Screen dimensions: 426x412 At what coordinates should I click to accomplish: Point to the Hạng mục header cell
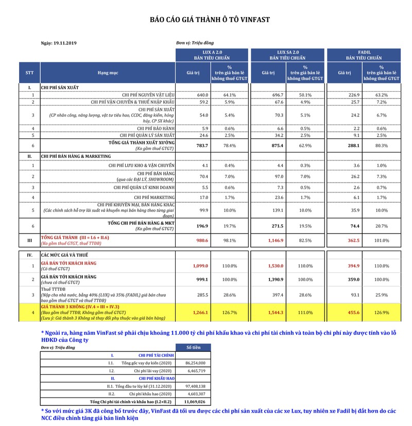coord(108,73)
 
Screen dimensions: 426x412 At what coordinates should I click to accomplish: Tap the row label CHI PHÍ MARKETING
coord(154,197)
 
